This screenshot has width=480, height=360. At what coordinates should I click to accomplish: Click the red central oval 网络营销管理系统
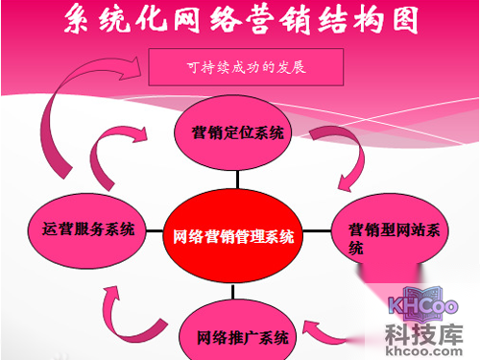point(235,234)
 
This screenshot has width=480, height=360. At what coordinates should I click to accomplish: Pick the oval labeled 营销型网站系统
point(394,236)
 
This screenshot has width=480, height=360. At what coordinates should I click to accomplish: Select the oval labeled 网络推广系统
point(241,337)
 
